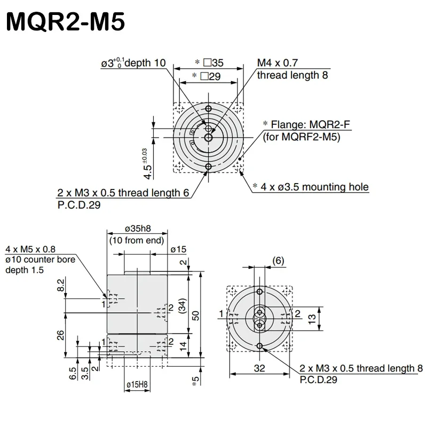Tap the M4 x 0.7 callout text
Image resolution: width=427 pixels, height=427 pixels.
tap(276, 63)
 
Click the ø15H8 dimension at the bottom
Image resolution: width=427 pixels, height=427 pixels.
tap(137, 384)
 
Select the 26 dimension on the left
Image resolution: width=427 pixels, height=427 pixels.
tap(60, 335)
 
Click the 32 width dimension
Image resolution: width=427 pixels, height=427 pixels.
tap(260, 368)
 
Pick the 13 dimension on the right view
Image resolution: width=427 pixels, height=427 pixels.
tap(313, 319)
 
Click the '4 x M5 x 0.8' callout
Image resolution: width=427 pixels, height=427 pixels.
tap(30, 249)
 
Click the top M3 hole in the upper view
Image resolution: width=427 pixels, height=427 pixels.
tap(208, 108)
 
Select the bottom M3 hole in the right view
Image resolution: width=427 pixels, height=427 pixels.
tap(260, 346)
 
